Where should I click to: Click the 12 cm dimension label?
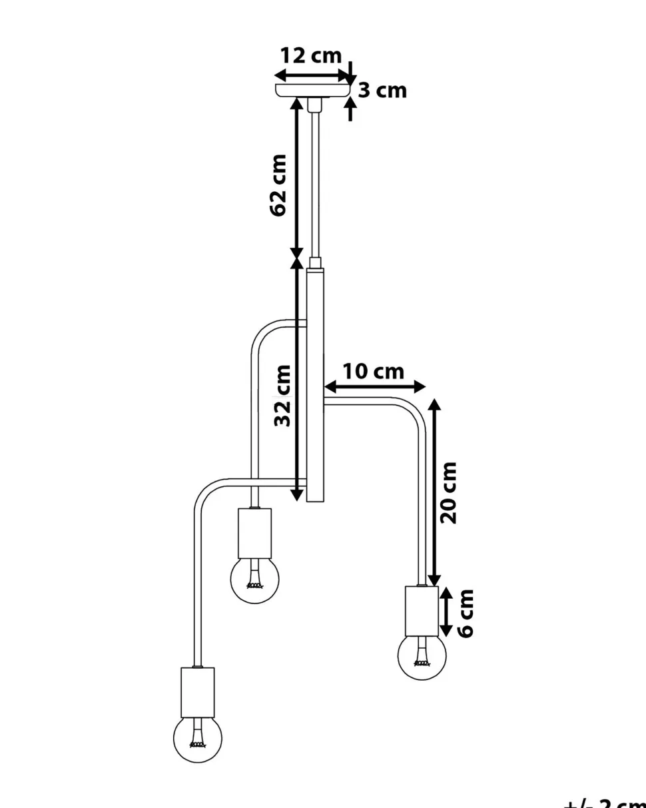coord(310,56)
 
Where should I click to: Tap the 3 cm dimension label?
coord(382,91)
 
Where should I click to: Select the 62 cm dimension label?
coord(278,185)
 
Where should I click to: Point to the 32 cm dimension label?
coord(283,395)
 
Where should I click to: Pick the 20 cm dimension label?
coord(450,492)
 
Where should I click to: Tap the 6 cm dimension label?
coord(466,613)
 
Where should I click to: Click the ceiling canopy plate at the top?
coord(313,91)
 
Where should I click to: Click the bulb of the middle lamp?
coord(255,580)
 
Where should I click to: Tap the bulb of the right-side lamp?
coord(422,655)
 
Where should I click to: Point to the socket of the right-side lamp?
coord(422,611)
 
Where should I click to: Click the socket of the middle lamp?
coord(255,533)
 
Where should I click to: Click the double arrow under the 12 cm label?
coord(313,75)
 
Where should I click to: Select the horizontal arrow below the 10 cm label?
coord(374,386)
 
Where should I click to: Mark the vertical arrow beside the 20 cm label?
coord(434,493)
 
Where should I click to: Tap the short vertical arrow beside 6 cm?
coord(447,612)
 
